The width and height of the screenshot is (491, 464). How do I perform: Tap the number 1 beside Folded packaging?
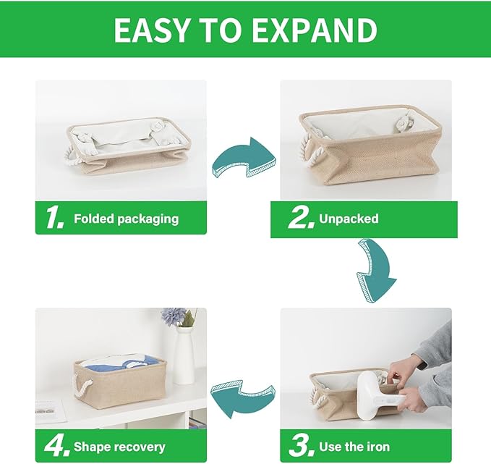point(54,218)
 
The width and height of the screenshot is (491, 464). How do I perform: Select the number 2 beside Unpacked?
point(301,218)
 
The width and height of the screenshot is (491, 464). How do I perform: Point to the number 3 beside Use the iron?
point(299,446)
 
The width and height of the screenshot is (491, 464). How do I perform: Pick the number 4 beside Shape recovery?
point(56,446)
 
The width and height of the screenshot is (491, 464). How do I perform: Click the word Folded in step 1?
point(93,219)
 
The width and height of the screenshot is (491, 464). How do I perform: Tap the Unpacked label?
point(349,219)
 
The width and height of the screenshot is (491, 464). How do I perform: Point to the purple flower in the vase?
point(173,316)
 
